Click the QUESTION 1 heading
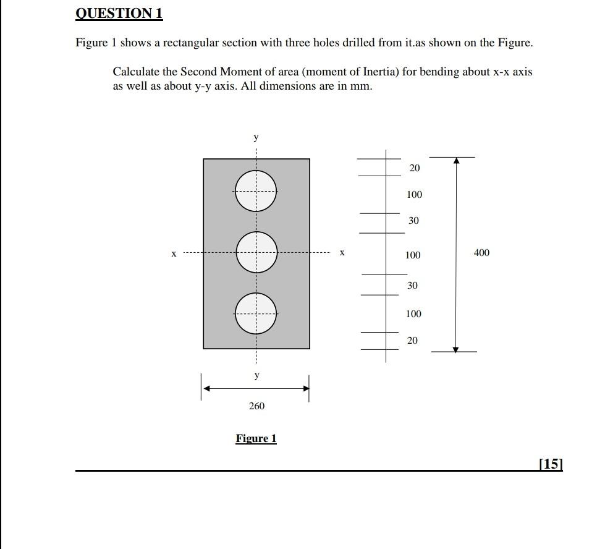tap(119, 14)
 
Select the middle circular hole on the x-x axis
tap(255, 252)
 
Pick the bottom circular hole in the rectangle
tap(255, 313)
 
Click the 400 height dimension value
tap(481, 253)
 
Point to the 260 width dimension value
tap(256, 406)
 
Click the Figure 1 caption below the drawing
tap(256, 439)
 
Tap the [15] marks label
tap(551, 464)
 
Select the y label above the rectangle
tap(256, 137)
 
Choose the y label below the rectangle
tap(256, 375)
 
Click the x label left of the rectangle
tap(174, 253)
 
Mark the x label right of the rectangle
tap(342, 253)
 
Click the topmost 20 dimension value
tap(414, 168)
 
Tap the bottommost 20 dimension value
tap(412, 341)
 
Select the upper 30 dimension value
tap(413, 221)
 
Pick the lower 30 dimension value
tap(412, 286)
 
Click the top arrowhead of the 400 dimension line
tap(456, 161)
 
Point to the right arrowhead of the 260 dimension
tap(305, 388)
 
